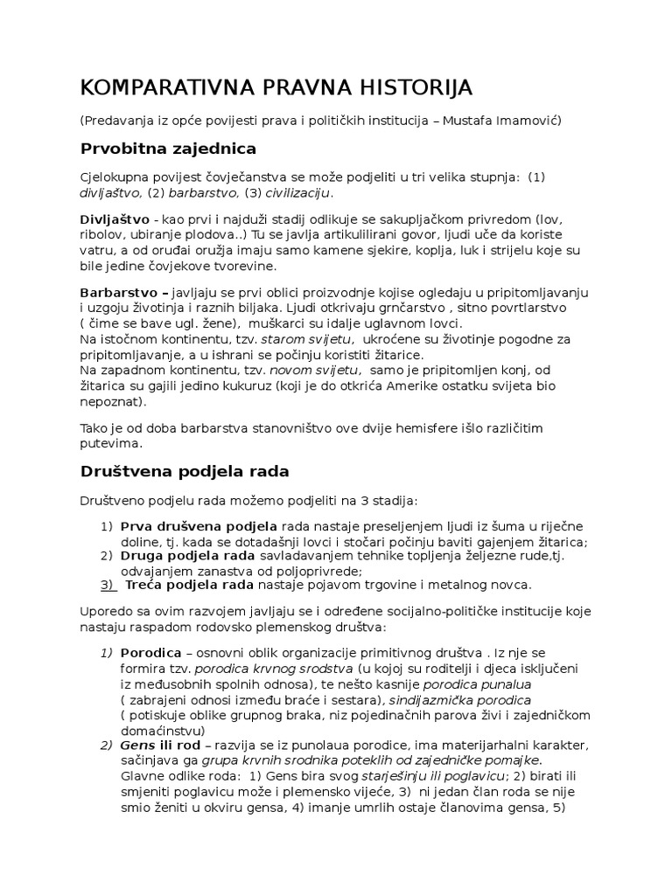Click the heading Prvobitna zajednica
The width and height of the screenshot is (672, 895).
coord(168,148)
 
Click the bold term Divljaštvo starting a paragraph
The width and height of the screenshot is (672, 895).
coord(113,219)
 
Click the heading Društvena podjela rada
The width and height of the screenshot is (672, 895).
coord(185,471)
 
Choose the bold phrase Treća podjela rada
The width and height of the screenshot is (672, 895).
coord(178,584)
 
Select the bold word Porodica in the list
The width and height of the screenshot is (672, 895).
coord(150,653)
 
